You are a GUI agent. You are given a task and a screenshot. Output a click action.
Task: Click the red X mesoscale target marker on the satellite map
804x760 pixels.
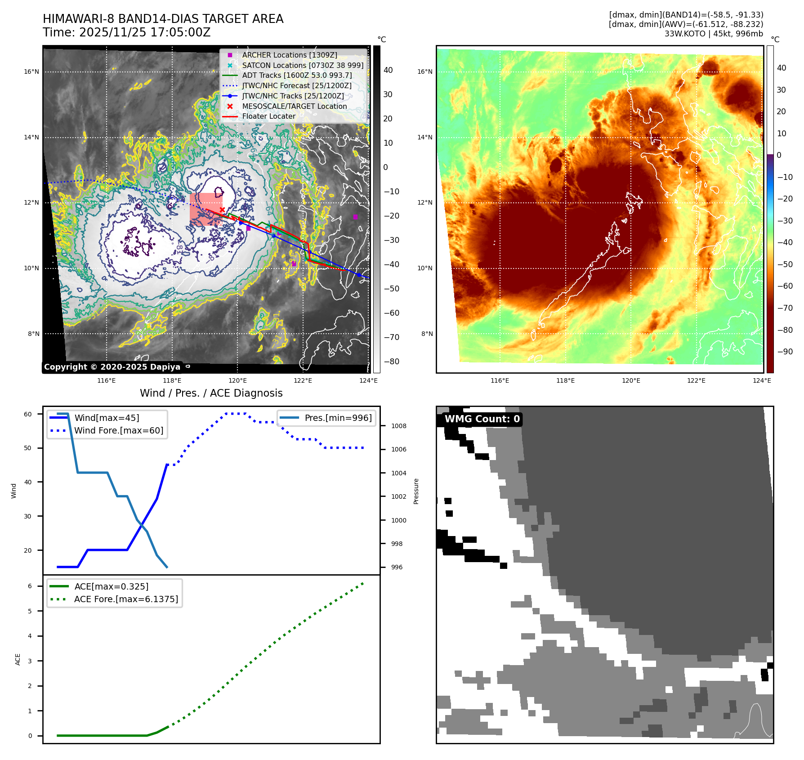222,210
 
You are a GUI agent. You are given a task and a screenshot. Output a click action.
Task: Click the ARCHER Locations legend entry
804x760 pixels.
289,55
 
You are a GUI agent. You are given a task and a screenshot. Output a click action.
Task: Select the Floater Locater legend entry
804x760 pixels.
268,116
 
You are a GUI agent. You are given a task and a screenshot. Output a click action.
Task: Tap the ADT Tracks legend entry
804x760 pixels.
297,75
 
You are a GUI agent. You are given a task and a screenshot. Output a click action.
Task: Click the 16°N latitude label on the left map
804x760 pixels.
31,72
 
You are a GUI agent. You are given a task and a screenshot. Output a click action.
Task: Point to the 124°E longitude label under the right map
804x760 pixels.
762,380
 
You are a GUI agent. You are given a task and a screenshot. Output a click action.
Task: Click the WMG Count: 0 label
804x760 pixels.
482,419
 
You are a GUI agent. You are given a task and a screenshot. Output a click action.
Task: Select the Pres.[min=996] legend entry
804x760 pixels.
338,418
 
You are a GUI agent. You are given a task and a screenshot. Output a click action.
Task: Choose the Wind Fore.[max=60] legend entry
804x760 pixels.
119,430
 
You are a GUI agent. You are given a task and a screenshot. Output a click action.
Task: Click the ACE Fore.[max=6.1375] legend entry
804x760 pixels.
126,599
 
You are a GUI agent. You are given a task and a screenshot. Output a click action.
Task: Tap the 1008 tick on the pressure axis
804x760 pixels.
398,426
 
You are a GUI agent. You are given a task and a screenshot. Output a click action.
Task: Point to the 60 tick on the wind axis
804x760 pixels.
28,414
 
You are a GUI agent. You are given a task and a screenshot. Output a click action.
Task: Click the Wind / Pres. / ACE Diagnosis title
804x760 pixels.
211,393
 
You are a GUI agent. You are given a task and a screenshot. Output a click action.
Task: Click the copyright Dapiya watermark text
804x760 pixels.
112,367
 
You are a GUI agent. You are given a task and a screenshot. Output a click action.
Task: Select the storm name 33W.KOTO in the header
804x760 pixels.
685,34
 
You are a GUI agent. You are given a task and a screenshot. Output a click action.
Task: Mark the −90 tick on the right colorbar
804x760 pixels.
785,352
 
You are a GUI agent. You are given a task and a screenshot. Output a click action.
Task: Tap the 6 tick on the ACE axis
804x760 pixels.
30,586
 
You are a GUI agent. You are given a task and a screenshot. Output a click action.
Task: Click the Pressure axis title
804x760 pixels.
416,491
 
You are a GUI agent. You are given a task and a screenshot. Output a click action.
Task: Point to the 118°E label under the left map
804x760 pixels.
172,380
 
